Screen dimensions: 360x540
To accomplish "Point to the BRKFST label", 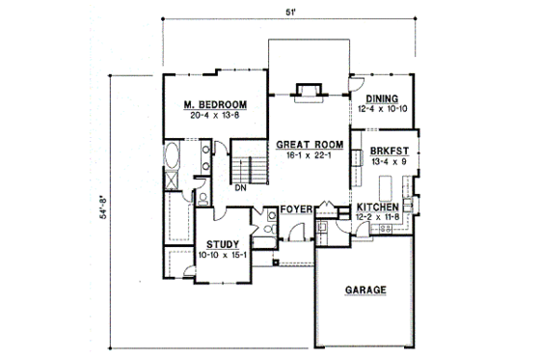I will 378,152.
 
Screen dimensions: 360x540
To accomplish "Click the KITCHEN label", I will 378,208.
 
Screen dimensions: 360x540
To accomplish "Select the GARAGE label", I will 363,289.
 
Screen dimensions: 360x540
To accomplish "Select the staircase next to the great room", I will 250,164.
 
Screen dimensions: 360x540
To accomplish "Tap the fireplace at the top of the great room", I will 308,92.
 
